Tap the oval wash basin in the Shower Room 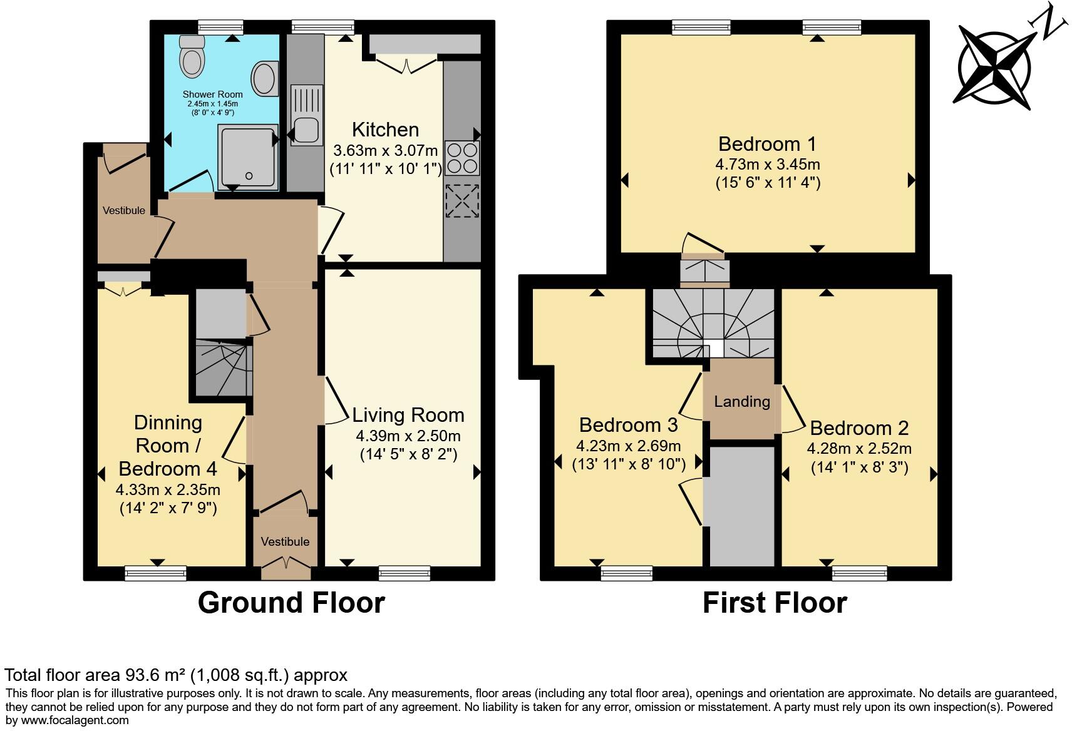coord(265,79)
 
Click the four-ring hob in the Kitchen coord(462,158)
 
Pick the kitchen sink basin coord(307,130)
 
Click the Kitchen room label coord(385,130)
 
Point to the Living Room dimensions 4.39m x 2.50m coord(408,436)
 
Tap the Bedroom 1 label coord(767,144)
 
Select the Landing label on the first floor coord(742,401)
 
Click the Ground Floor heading coord(291,603)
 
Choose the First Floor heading coord(775,603)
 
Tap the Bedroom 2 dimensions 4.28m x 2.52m coord(858,448)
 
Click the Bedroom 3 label coord(628,425)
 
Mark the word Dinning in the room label coord(168,422)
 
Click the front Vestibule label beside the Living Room coord(285,541)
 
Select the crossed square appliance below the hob coord(462,200)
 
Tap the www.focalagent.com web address coord(73,720)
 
